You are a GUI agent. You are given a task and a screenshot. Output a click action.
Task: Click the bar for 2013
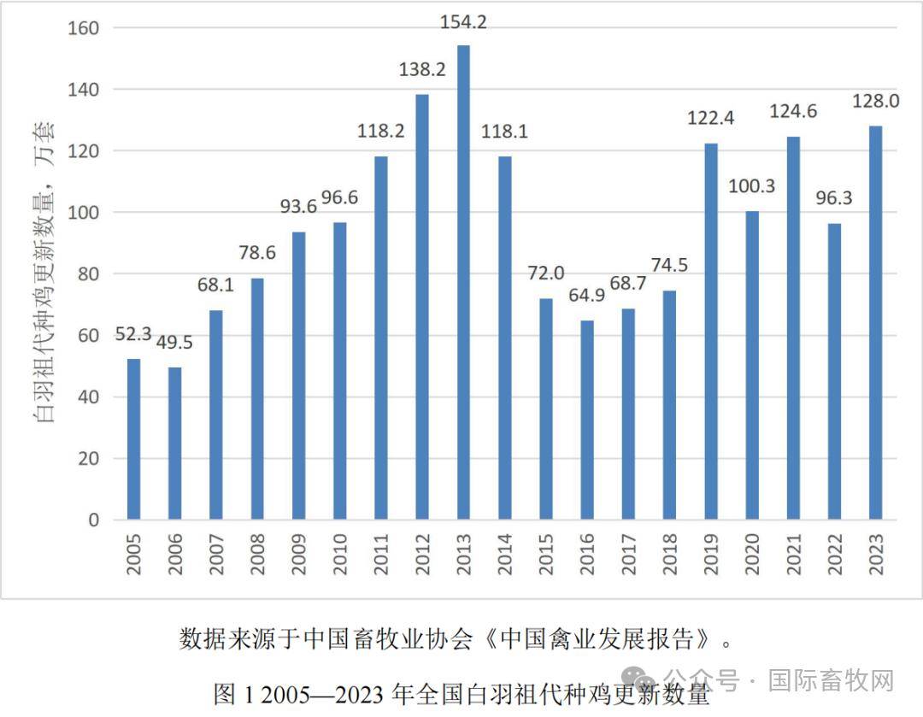(x=463, y=282)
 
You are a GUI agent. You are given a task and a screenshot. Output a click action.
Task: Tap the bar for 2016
(x=587, y=420)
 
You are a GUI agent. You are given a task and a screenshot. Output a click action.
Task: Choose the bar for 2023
(x=876, y=323)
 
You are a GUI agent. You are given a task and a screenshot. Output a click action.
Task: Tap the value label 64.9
(x=587, y=298)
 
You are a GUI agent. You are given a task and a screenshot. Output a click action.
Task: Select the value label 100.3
(x=752, y=186)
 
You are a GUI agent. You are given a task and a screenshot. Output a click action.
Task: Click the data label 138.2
(x=422, y=70)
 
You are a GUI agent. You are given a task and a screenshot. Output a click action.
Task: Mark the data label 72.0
(x=546, y=274)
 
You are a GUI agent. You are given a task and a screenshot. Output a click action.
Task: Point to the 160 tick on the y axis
(x=83, y=28)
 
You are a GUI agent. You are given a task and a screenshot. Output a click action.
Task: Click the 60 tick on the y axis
(x=88, y=336)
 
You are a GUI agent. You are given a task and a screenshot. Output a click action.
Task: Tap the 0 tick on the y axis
(x=94, y=520)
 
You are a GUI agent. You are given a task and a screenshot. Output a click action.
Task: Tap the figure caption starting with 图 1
(x=461, y=693)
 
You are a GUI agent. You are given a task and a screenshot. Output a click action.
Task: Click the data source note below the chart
(x=459, y=638)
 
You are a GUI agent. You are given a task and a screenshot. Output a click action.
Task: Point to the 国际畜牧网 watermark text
(x=830, y=680)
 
